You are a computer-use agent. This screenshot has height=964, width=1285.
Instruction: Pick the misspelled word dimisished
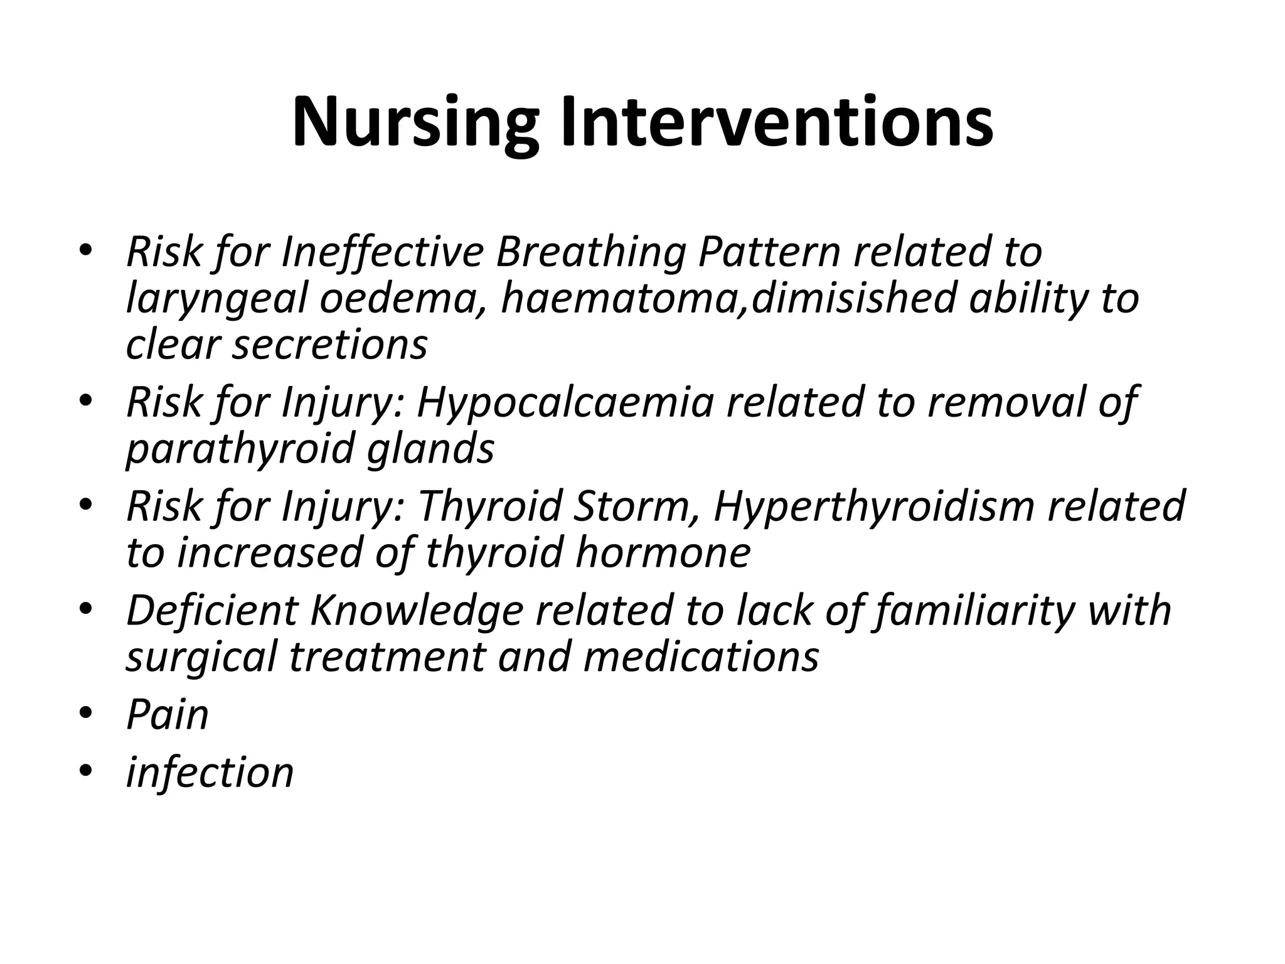[854, 299]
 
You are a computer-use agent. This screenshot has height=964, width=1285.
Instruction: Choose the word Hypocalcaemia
[565, 402]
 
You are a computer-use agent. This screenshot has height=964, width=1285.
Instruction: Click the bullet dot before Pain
[86, 714]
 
